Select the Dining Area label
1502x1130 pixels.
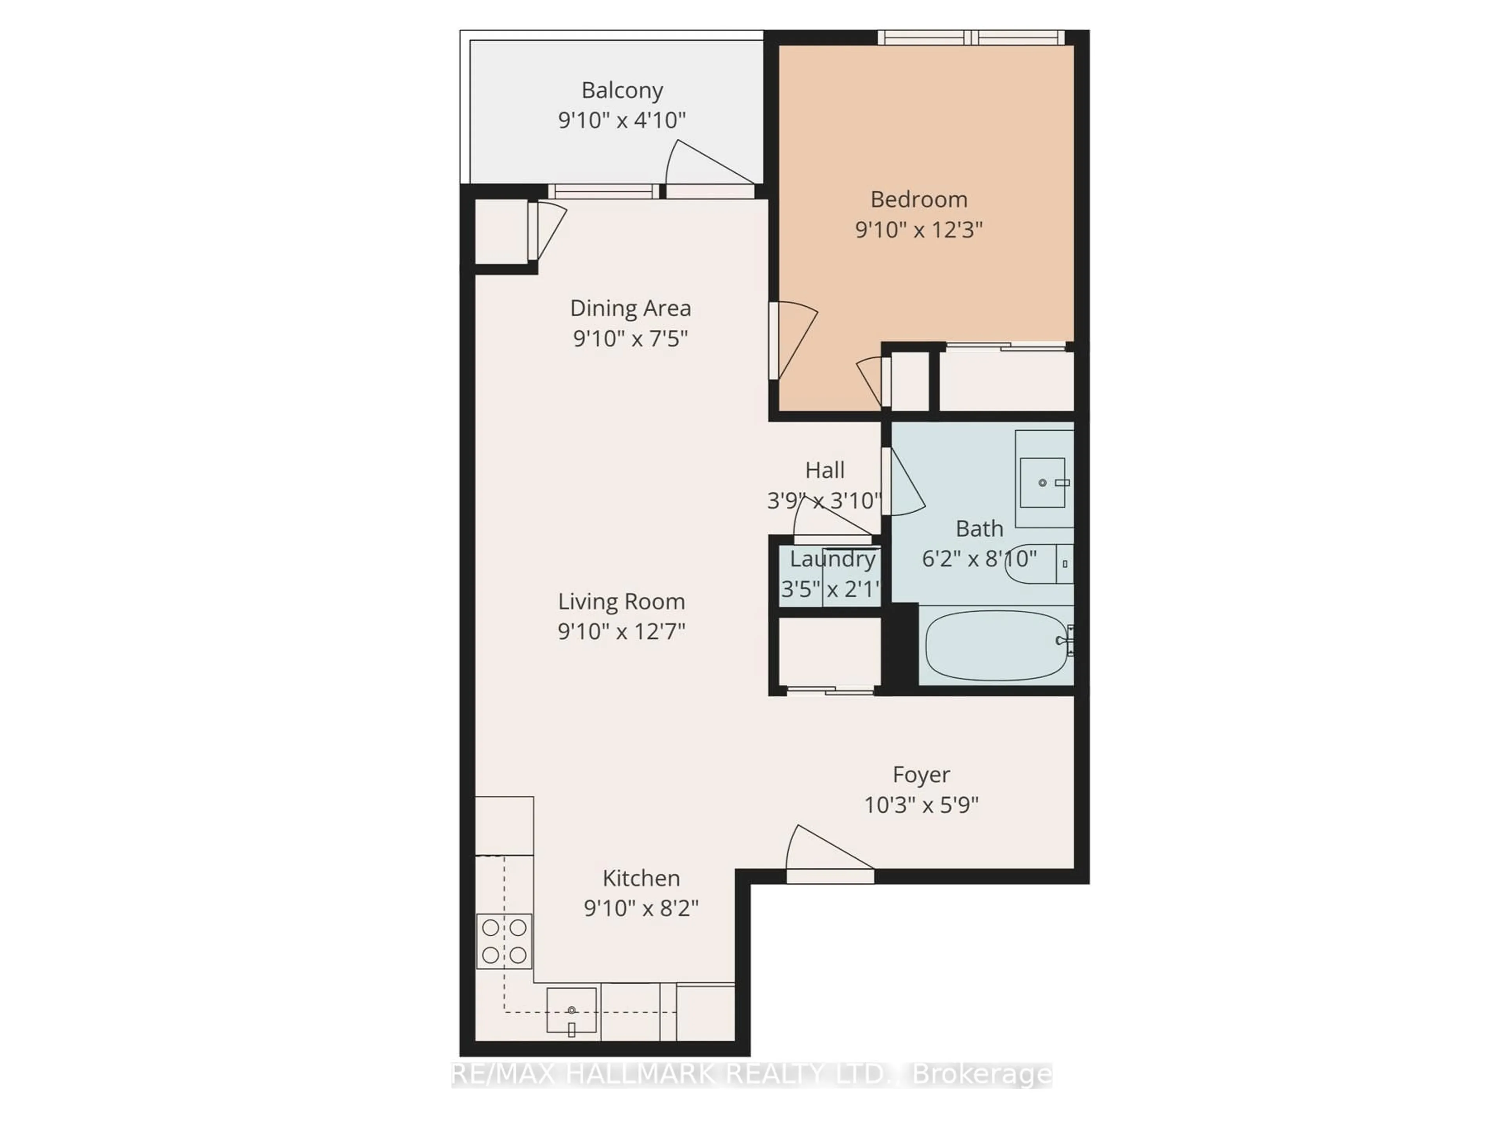point(630,308)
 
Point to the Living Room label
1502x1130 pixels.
point(621,602)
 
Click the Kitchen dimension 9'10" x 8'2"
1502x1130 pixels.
point(641,908)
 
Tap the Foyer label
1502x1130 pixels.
point(921,775)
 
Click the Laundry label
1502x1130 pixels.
point(832,559)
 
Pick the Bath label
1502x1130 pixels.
point(979,528)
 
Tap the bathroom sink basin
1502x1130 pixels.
point(1042,482)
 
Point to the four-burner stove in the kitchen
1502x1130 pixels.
point(504,941)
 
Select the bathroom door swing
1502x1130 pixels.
point(903,483)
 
